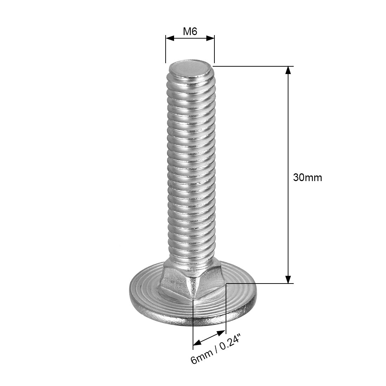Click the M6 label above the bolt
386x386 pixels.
click(x=190, y=31)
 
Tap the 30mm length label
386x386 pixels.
click(x=307, y=178)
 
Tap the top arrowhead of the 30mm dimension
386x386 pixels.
click(x=288, y=70)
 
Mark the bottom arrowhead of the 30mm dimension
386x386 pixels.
click(x=288, y=279)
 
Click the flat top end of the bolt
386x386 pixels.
click(x=191, y=67)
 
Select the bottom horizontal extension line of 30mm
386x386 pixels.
click(x=260, y=283)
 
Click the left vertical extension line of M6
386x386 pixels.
click(x=165, y=49)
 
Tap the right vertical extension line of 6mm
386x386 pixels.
click(x=226, y=309)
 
